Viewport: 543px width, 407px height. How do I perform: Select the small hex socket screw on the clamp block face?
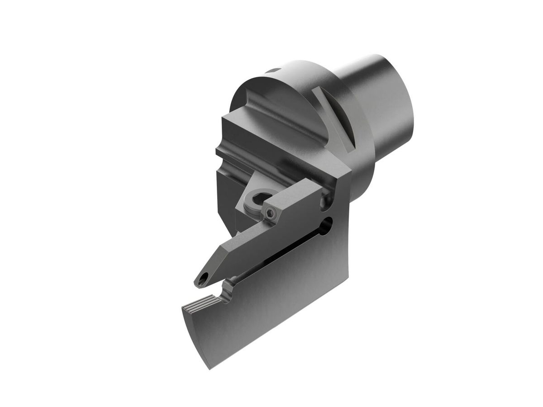[270, 216]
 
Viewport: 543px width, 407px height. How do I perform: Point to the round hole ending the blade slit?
[328, 223]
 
